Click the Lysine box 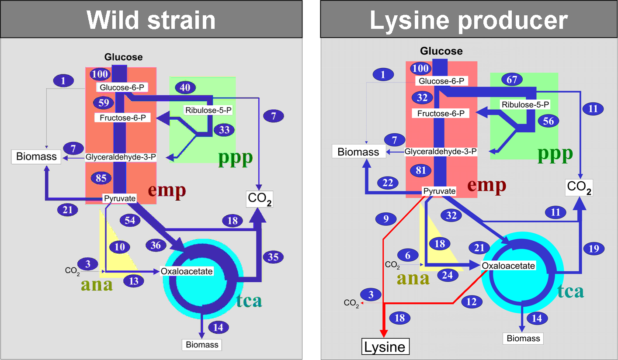(x=385, y=347)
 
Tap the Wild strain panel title (x=151, y=20)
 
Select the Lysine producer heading (x=469, y=20)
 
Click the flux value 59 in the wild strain (x=103, y=103)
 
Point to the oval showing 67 (x=512, y=80)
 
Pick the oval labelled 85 (x=101, y=178)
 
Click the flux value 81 (x=421, y=170)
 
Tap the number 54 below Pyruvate (x=129, y=221)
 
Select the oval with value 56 (x=548, y=121)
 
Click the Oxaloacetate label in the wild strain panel (x=187, y=271)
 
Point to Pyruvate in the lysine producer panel (x=440, y=191)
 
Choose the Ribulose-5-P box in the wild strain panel (x=208, y=110)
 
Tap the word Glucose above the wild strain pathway (x=123, y=57)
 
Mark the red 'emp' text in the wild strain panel (x=167, y=190)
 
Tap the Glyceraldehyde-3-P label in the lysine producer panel (x=440, y=151)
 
